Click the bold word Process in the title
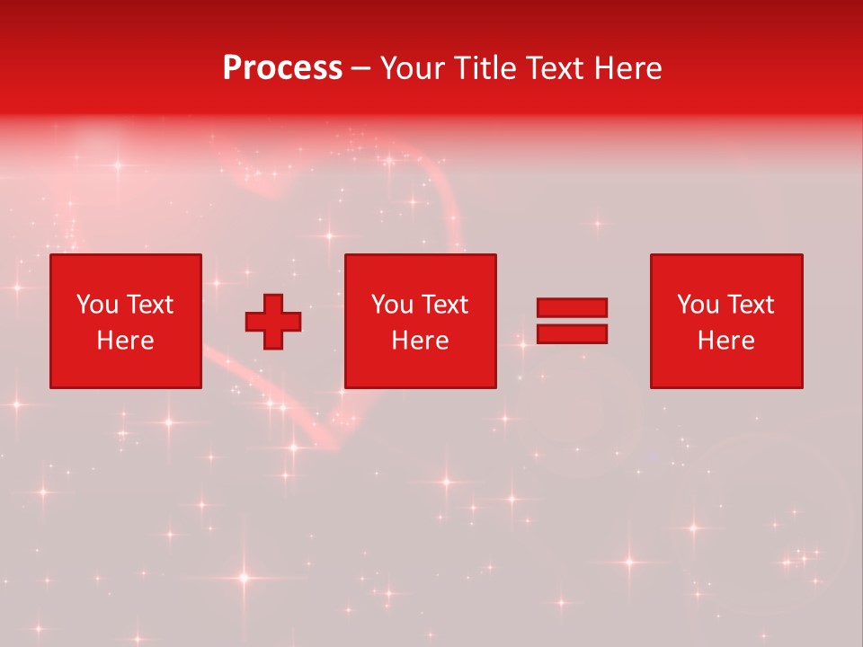tap(282, 68)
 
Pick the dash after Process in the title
tap(361, 68)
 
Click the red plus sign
tap(273, 322)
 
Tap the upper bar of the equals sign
tap(572, 308)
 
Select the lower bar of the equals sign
tap(572, 334)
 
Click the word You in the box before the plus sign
tap(97, 305)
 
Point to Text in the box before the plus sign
tap(149, 305)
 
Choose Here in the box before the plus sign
tap(125, 341)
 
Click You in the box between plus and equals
tap(392, 305)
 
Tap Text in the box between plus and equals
tap(444, 305)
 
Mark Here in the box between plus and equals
tap(420, 341)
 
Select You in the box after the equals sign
tap(698, 305)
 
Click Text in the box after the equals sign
tap(750, 305)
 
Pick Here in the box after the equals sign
tap(725, 341)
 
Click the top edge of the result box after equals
tap(726, 255)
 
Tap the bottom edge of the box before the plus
tap(125, 387)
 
